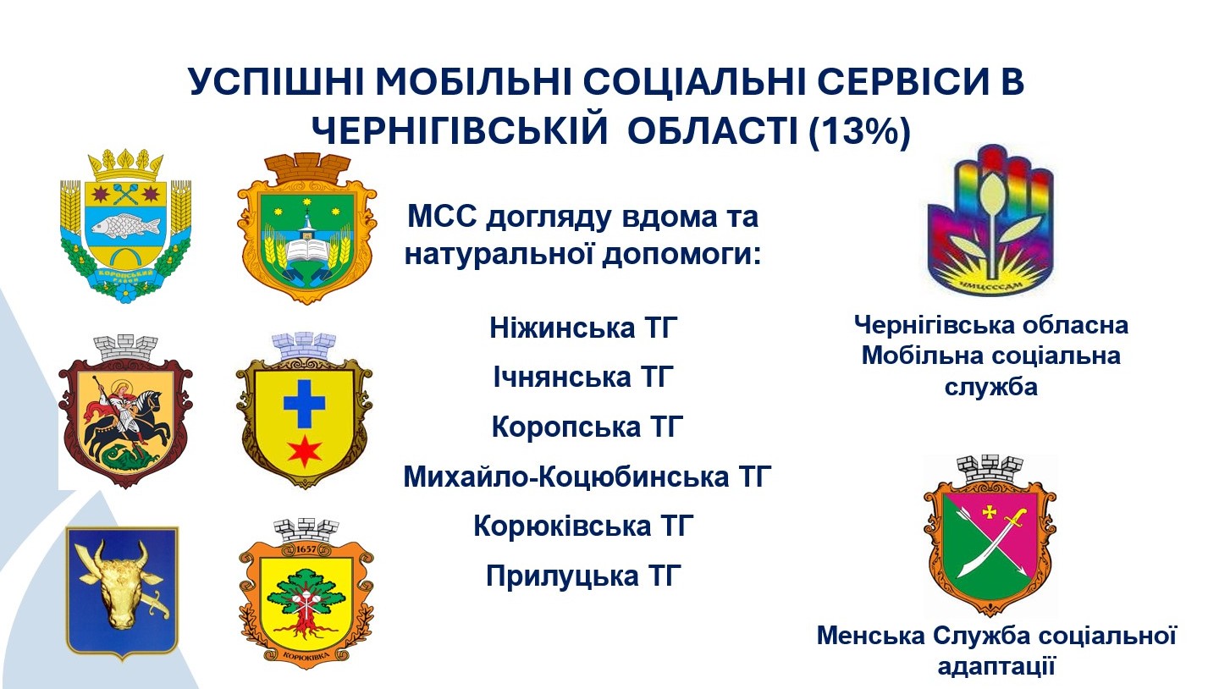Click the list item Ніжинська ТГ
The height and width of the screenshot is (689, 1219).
583,328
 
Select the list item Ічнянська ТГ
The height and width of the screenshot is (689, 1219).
583,377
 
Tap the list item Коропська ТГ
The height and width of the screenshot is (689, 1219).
587,426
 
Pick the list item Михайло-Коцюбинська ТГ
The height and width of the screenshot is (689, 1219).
587,477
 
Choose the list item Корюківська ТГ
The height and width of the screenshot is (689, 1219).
583,526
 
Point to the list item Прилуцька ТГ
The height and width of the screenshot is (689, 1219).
583,576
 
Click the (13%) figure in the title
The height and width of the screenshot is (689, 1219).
859,131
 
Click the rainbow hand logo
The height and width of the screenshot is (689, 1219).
990,220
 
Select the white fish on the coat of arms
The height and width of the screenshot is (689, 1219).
125,226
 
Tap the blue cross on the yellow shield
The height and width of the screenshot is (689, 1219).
304,404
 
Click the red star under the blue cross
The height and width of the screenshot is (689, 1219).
305,451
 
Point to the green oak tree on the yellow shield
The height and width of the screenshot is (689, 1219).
306,598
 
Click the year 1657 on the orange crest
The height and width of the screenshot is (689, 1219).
306,549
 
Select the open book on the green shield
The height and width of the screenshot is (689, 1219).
307,252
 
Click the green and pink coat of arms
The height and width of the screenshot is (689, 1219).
990,536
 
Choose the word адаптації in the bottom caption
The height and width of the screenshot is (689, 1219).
996,667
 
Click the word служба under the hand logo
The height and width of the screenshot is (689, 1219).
991,387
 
